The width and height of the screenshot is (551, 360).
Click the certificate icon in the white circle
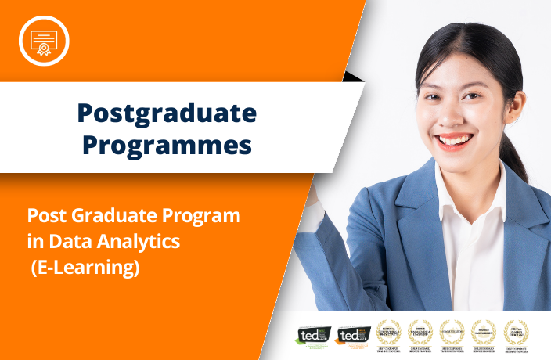[44, 39]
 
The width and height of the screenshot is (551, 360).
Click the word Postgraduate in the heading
[167, 114]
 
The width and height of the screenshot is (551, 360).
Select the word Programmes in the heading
[167, 146]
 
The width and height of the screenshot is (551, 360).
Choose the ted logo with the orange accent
[349, 335]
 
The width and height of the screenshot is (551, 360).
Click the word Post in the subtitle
[45, 215]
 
